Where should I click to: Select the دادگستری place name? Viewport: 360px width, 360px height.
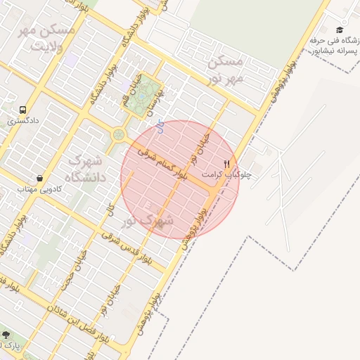point(24,121)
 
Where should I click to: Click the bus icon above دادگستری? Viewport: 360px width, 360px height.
point(24,110)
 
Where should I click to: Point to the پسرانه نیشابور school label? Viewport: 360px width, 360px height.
point(335,51)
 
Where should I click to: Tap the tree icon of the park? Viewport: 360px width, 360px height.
point(6,335)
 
